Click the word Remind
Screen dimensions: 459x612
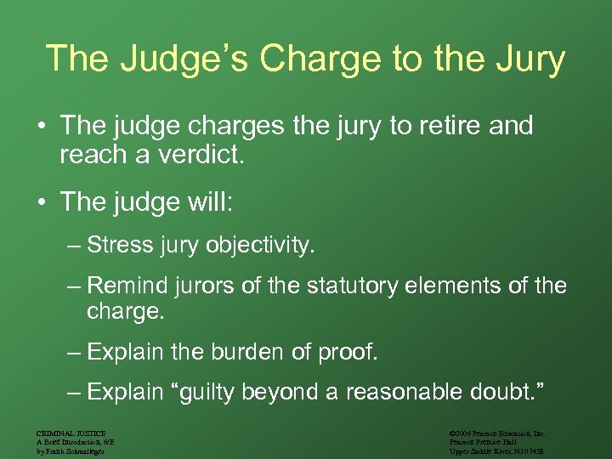tap(127, 286)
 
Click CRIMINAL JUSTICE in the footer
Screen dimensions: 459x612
tap(71, 433)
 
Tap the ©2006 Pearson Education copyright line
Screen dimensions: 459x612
tap(497, 433)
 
